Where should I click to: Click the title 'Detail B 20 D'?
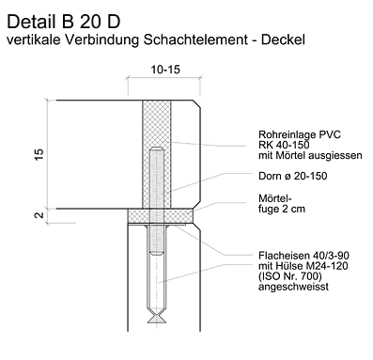(64, 22)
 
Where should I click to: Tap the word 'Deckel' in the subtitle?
(283, 39)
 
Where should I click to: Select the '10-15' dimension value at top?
(165, 70)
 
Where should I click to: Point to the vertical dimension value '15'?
(39, 155)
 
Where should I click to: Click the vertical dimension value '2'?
(39, 215)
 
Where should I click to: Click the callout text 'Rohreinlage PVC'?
(300, 134)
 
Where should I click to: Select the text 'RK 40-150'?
(284, 145)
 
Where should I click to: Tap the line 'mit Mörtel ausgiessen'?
(310, 155)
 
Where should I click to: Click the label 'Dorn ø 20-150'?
(293, 176)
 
